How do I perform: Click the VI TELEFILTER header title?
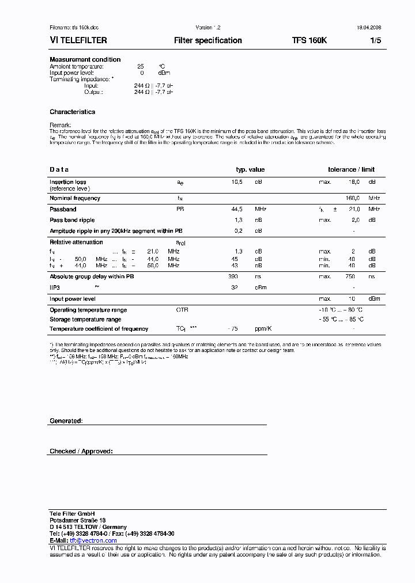pos(78,41)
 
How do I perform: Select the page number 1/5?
pos(375,41)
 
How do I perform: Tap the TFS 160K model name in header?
pos(310,41)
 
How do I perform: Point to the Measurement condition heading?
pos(85,59)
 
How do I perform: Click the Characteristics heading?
pos(72,112)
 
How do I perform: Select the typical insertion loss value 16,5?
pos(237,181)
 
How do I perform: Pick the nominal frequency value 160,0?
pos(352,198)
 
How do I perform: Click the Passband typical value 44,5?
pos(237,209)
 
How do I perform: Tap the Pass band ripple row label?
pos(72,220)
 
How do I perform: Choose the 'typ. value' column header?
pos(250,169)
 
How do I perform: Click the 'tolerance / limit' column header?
pos(351,169)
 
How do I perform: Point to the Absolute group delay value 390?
pos(233,277)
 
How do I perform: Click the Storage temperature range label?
pos(85,319)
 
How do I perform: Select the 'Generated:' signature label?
pos(66,421)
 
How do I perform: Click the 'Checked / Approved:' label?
pos(81,451)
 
